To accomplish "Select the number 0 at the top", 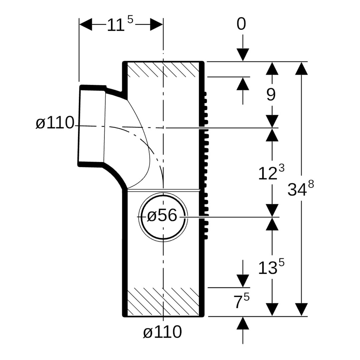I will pos(241,24).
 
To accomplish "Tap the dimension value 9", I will pos(271,95).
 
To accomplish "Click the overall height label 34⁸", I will pos(300,189).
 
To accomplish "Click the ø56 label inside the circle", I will pos(162,216).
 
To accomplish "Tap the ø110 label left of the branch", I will pos(55,123).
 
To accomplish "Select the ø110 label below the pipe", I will pos(162,332).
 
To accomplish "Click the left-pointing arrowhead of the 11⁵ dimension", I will pos(86,25).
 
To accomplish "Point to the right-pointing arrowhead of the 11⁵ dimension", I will pos(156,25).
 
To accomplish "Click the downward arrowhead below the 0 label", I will pos(243,55).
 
